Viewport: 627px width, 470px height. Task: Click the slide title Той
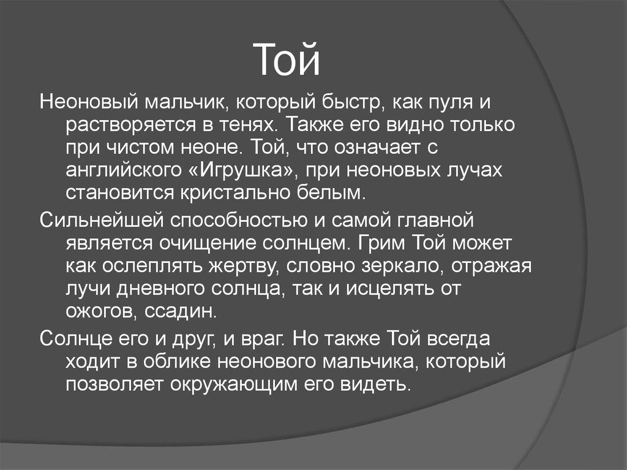[x=288, y=61]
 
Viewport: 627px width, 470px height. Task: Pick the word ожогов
[x=100, y=312]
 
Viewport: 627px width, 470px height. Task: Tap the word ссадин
[x=181, y=312]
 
